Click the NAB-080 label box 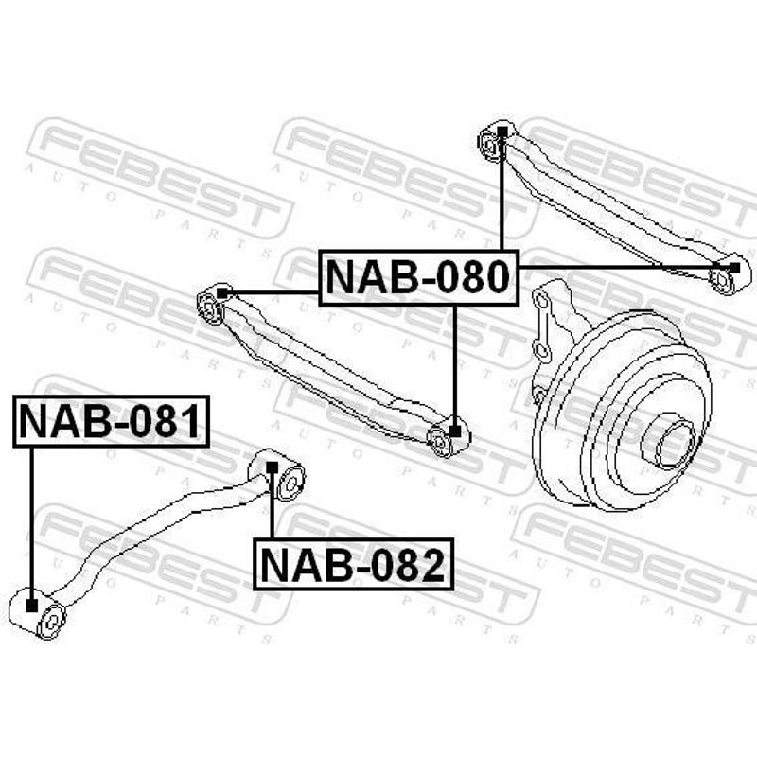[x=418, y=277]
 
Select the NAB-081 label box [x=111, y=421]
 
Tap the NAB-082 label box [x=353, y=564]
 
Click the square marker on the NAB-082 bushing [x=273, y=467]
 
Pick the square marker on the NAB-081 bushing [x=31, y=605]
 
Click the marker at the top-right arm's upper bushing [x=502, y=132]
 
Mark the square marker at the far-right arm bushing [x=734, y=268]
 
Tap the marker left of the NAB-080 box [x=221, y=293]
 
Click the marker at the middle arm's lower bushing [x=455, y=431]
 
